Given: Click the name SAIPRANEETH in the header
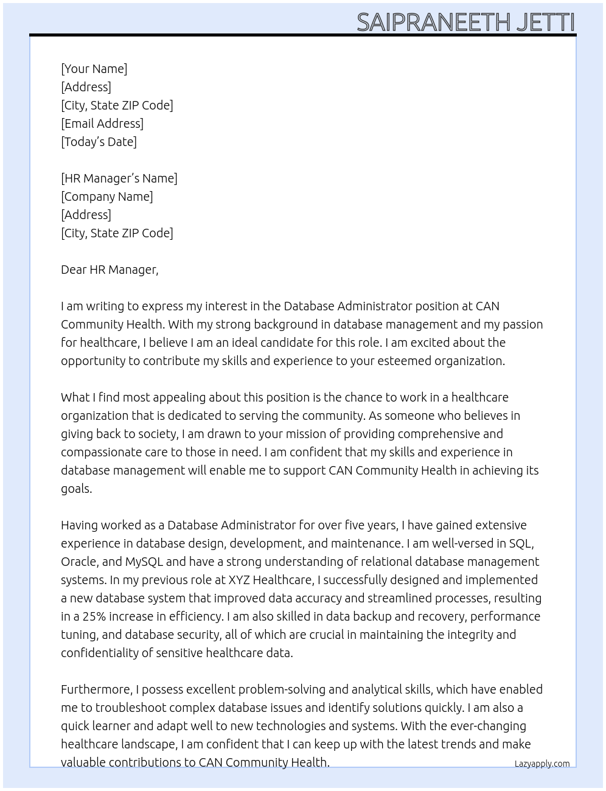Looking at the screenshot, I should click(x=433, y=23).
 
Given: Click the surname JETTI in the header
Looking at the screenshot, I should click(x=545, y=23).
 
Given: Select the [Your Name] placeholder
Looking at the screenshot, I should click(x=94, y=69).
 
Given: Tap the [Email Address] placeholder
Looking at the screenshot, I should click(x=102, y=124).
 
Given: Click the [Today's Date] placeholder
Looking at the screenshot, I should click(x=99, y=142).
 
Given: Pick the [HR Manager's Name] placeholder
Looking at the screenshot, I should click(x=119, y=178).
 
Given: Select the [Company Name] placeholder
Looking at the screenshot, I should click(x=106, y=197).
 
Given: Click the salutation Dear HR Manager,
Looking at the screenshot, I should click(x=110, y=270).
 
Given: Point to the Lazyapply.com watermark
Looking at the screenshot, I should click(x=542, y=764).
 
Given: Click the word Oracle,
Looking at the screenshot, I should click(x=80, y=562).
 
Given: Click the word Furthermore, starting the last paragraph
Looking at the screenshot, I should click(x=96, y=689).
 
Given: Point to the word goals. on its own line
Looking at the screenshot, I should click(x=76, y=489).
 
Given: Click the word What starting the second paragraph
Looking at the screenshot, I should click(x=75, y=397).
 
